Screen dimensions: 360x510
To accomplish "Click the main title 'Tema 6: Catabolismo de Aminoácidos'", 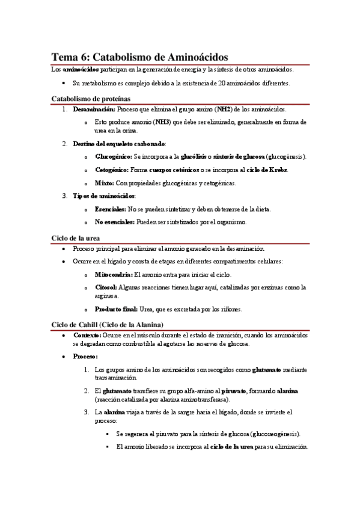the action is [x=139, y=57].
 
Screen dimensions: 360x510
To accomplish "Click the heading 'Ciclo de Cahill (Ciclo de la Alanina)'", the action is [x=108, y=325].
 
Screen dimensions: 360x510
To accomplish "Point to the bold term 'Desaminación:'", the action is [x=94, y=110].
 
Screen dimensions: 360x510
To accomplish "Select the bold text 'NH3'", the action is [x=162, y=122].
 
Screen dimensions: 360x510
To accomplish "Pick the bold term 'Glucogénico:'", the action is [x=114, y=157].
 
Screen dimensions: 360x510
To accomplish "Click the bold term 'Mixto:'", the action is [x=105, y=183].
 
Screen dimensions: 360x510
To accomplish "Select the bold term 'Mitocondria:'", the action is [x=114, y=274].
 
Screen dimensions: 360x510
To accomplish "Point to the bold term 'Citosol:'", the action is [x=106, y=287].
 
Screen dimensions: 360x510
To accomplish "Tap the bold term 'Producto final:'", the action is [x=117, y=309].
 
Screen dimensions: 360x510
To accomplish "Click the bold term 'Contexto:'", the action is [x=87, y=335].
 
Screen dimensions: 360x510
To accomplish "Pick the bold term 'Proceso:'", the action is [x=85, y=356].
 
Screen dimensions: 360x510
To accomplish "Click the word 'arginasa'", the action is [x=108, y=296].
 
